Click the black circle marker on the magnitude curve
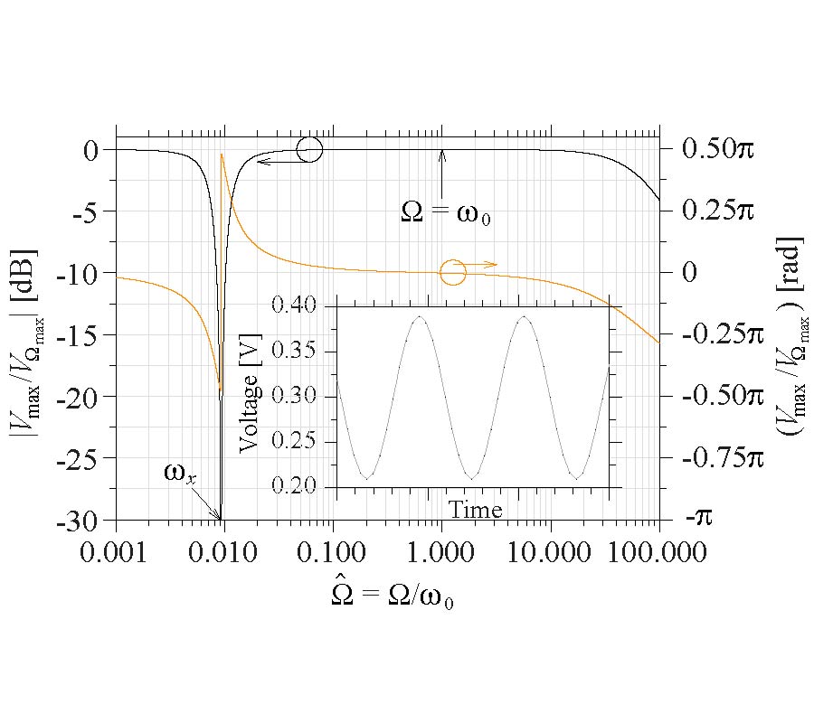309,150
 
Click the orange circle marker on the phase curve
453,271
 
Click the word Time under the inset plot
476,510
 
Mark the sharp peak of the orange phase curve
222,155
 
